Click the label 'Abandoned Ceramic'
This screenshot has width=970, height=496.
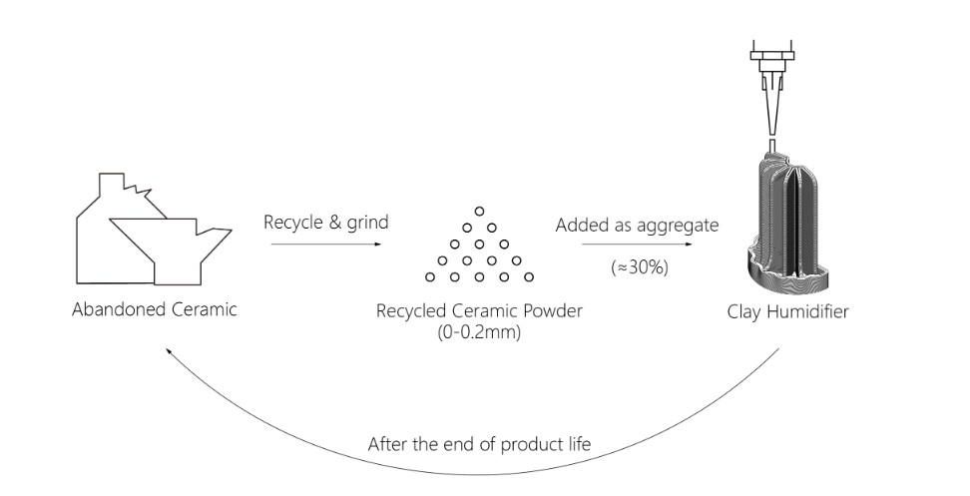click(x=155, y=308)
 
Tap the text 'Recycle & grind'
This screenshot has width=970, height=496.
click(x=325, y=222)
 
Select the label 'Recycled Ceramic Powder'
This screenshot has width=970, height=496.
click(x=479, y=310)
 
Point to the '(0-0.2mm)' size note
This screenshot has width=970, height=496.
click(x=479, y=331)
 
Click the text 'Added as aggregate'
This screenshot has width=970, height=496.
click(x=637, y=226)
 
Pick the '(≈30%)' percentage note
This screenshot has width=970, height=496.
click(x=637, y=267)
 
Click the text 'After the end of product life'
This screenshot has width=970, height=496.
click(x=479, y=443)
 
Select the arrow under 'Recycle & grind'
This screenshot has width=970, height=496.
click(x=325, y=244)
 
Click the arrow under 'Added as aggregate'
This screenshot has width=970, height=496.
click(x=637, y=244)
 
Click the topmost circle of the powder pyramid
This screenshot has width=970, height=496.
click(x=479, y=211)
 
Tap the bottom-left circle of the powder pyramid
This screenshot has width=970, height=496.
click(x=430, y=276)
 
